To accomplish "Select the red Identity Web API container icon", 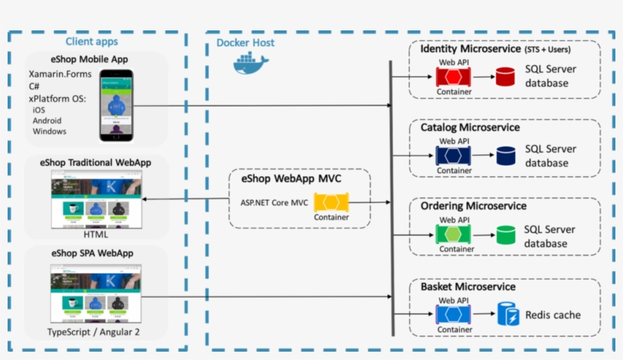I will point(453,77).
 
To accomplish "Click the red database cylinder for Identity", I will point(504,77).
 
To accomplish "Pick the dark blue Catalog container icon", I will point(454,156).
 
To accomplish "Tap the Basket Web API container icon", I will point(454,314).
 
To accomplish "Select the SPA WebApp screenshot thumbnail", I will point(95,293).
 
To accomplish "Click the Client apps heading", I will point(91,42).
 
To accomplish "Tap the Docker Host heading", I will point(245,43).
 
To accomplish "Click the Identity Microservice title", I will point(470,49).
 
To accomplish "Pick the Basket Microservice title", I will point(468,287).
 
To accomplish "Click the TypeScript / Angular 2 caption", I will point(95,332).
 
